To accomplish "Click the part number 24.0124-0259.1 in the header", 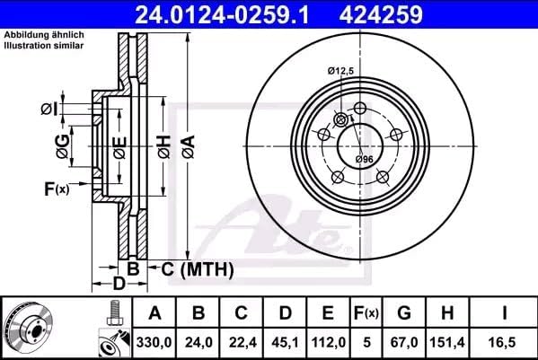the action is tap(222, 14).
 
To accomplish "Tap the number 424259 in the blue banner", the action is tap(381, 14).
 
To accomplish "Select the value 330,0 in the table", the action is tap(154, 342).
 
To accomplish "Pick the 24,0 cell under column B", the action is tap(198, 342).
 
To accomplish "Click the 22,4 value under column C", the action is tap(243, 342).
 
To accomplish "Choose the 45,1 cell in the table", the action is tap(286, 342).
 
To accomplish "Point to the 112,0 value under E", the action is tap(329, 342).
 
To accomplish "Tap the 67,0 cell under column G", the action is tap(404, 342).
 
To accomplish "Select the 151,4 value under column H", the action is tap(447, 342).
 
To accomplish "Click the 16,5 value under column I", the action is tap(504, 342).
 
